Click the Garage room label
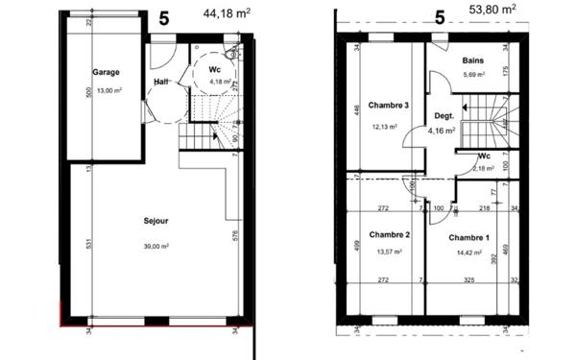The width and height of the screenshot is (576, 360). [x=105, y=72]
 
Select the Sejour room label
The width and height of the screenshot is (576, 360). [x=152, y=220]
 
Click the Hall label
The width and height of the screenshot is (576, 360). [x=163, y=82]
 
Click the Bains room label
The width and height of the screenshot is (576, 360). [x=472, y=60]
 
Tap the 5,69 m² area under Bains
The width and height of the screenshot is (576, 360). [x=472, y=75]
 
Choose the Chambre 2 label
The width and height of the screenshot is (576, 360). [x=389, y=235]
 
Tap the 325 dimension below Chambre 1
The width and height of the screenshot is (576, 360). [x=468, y=280]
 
